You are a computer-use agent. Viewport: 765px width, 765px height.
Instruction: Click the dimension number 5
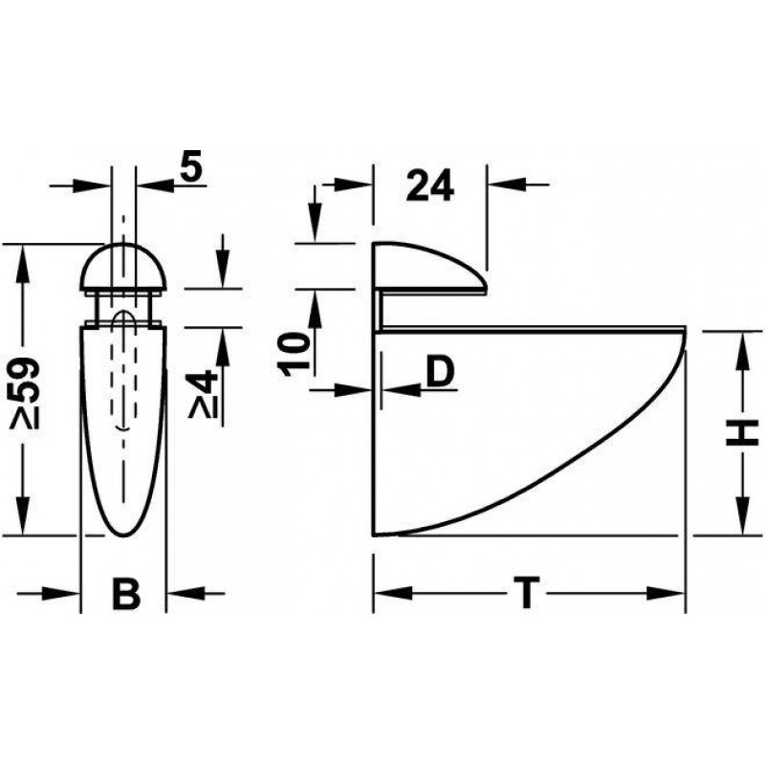191,165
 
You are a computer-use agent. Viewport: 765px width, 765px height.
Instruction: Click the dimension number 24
430,186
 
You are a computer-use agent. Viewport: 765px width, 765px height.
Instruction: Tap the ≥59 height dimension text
25,393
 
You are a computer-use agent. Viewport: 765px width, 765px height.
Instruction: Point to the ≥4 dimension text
202,394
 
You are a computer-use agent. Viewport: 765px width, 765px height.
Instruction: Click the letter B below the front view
126,594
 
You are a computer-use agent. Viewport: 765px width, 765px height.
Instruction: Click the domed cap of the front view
124,268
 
